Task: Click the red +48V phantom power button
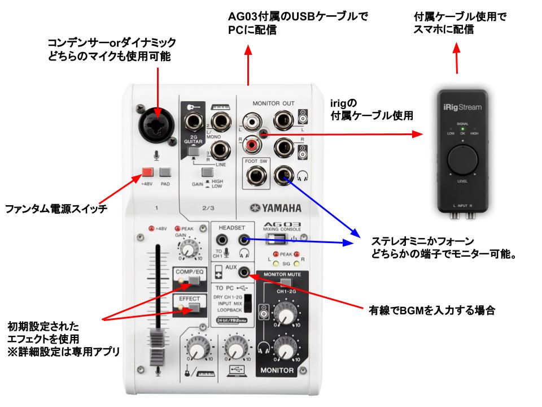pos(148,173)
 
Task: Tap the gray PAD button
pos(165,173)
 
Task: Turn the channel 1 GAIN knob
pos(189,249)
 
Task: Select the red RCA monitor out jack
pos(250,148)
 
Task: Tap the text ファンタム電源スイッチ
pos(56,210)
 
